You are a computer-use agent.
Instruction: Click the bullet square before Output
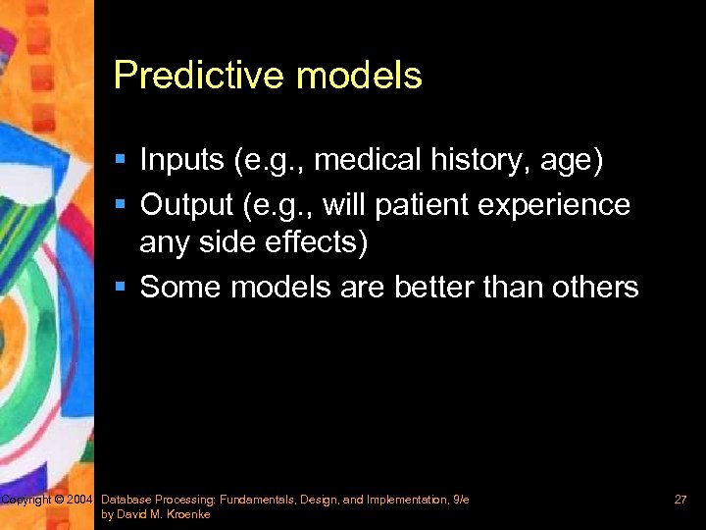[121, 205]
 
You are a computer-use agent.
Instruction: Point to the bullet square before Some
[121, 288]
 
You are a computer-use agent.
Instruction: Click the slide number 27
[680, 501]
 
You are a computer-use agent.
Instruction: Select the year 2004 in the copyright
[79, 501]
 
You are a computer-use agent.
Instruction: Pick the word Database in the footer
[127, 501]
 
